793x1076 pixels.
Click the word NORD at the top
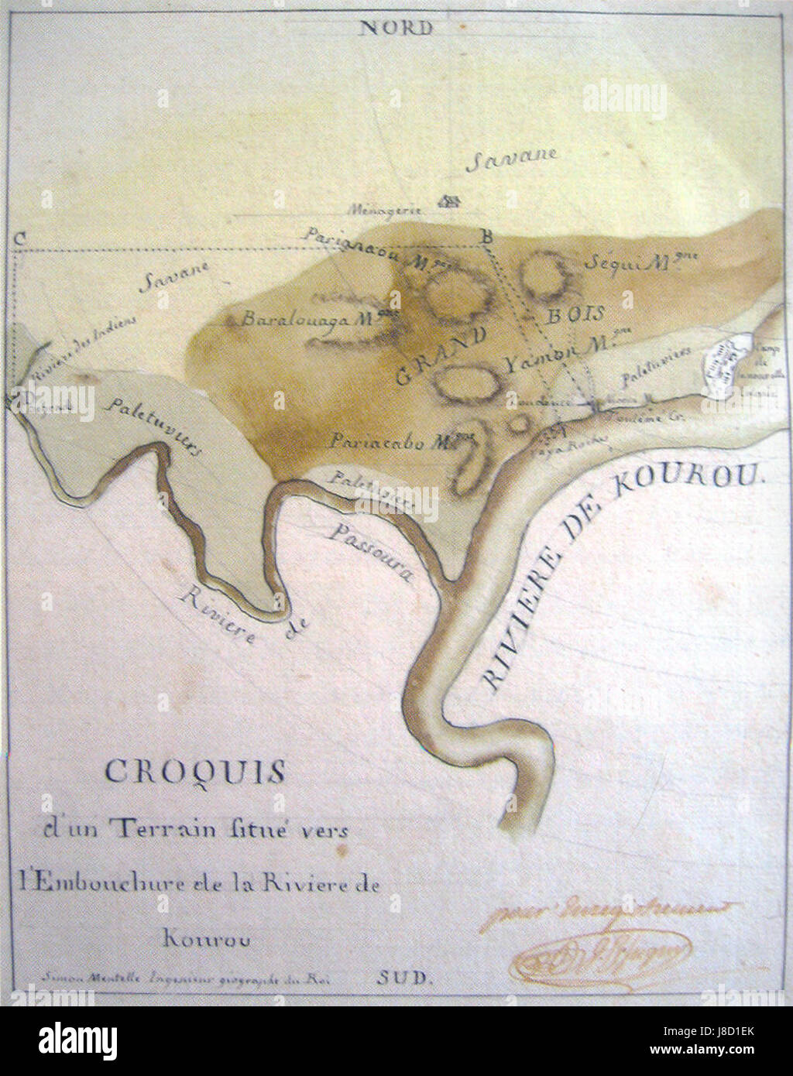(x=396, y=29)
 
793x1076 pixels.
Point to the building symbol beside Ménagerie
(x=448, y=202)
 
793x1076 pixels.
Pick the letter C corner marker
(x=17, y=238)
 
